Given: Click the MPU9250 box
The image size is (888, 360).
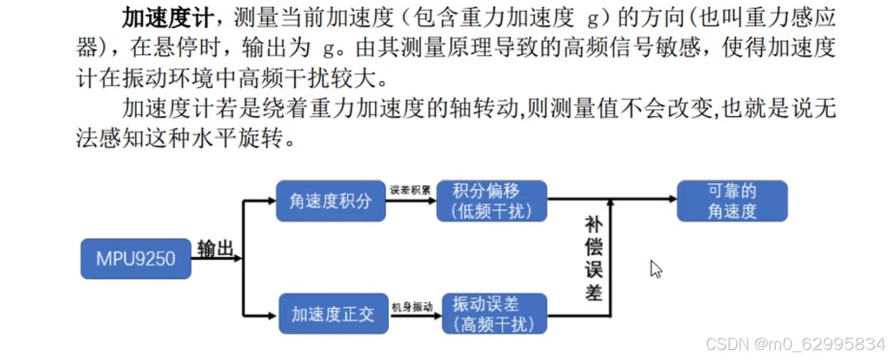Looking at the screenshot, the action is (136, 258).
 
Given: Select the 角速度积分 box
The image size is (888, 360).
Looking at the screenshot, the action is (331, 201).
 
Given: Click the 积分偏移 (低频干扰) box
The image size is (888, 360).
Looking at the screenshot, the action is (492, 201).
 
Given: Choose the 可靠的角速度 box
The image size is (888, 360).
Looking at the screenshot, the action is (732, 201).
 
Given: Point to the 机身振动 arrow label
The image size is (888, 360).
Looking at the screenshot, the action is (412, 306).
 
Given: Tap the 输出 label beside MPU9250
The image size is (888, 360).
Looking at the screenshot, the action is (215, 248).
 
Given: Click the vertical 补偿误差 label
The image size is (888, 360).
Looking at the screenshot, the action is (593, 258).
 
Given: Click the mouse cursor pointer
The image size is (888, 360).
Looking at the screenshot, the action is (655, 268).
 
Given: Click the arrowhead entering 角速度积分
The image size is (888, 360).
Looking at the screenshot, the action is (271, 201).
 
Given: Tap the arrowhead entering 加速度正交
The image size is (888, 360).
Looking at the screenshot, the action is (271, 314).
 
